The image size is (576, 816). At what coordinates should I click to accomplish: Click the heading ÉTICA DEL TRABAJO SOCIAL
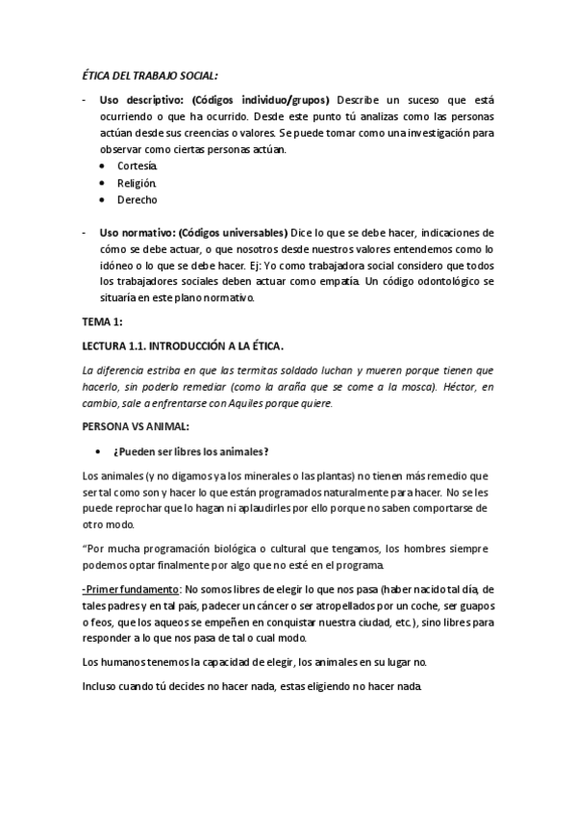point(147,76)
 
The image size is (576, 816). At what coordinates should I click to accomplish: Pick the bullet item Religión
point(137,183)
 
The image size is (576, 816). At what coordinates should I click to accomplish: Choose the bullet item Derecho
point(137,200)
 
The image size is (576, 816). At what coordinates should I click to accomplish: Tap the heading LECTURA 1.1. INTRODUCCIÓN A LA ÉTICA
point(183,344)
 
